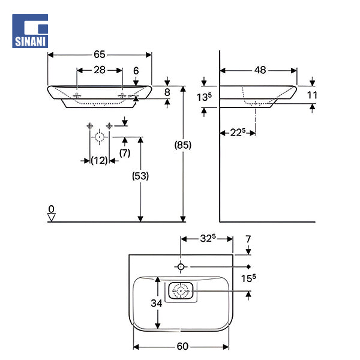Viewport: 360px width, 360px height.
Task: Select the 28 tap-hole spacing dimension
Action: [99, 70]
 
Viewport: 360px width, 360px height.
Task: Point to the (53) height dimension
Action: [140, 176]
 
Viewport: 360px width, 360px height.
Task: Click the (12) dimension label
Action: [99, 160]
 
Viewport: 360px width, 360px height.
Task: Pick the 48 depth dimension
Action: [259, 70]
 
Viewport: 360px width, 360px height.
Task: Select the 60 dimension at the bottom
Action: [182, 346]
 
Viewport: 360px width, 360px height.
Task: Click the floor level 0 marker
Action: [52, 209]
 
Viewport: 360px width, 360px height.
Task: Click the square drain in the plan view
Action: [181, 292]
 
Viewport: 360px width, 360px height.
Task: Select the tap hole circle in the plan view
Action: [180, 266]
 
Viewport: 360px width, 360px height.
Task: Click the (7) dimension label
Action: [125, 153]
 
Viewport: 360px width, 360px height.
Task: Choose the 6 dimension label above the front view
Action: [136, 70]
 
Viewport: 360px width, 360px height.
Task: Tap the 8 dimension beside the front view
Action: [167, 92]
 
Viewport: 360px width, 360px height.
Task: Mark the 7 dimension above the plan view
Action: [248, 239]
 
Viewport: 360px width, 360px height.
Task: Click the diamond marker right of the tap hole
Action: [248, 266]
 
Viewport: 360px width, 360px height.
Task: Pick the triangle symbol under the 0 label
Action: [52, 218]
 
